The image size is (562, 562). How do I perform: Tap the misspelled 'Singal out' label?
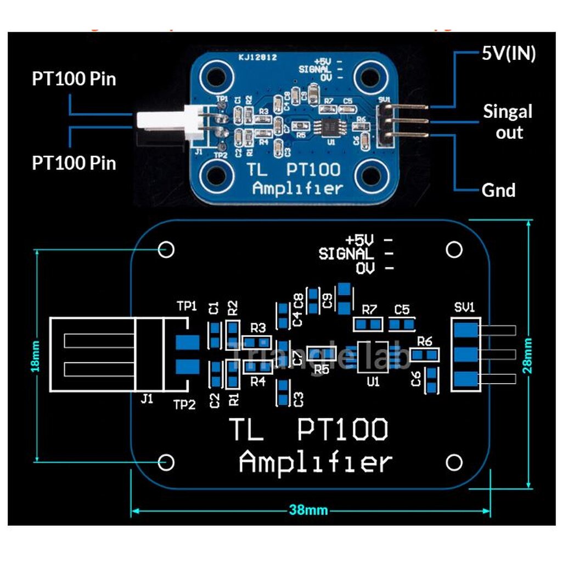508,122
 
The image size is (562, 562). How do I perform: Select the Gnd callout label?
498,190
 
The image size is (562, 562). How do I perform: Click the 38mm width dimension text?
308,510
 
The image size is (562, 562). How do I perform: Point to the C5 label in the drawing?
402,310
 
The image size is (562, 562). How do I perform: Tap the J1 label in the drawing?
146,400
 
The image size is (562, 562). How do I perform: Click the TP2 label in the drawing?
184,404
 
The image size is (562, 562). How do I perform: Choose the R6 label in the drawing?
425,341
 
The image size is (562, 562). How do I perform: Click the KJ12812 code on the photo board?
257,57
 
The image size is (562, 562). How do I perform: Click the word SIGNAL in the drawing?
346,254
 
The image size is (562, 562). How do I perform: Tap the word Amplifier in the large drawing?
316,462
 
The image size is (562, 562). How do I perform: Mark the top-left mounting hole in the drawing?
167,249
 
